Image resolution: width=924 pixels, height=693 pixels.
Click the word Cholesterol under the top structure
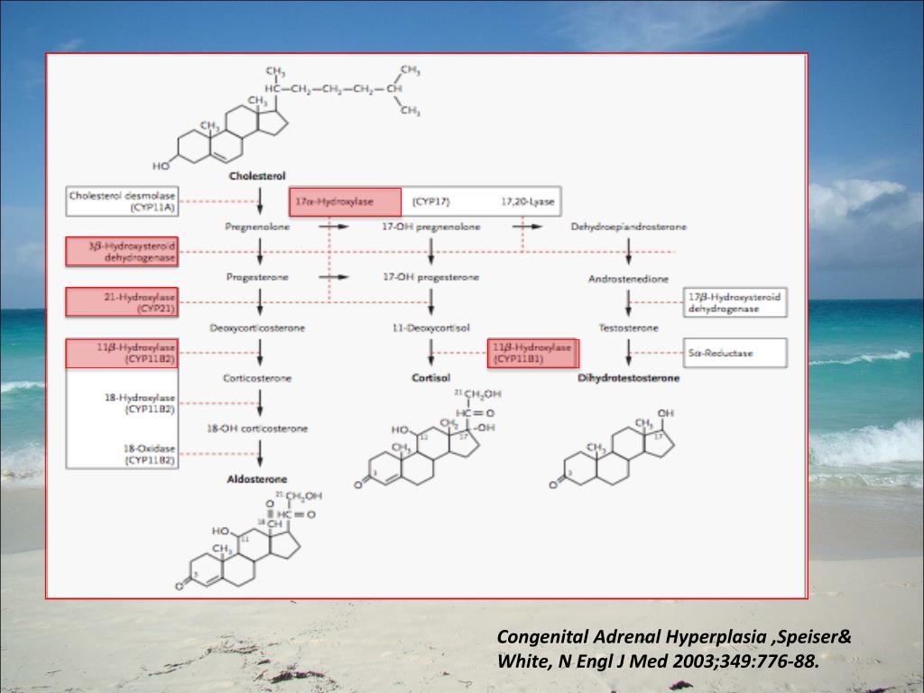[x=258, y=177]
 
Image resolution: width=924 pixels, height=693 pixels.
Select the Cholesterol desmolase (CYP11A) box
[x=122, y=201]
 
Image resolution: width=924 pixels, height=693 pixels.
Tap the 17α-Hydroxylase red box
[x=345, y=202]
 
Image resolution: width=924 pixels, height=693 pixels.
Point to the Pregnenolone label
[x=257, y=226]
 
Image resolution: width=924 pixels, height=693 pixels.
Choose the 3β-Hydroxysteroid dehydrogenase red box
[x=122, y=252]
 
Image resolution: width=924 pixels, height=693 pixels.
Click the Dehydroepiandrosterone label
[x=628, y=226]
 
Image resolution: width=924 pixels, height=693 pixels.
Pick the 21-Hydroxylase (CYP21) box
[x=122, y=302]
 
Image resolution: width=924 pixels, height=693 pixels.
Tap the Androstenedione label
[x=628, y=279]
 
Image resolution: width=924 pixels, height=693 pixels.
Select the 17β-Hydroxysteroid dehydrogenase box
[x=735, y=302]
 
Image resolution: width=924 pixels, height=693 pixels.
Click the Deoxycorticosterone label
[x=257, y=328]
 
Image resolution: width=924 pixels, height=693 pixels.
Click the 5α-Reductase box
[x=735, y=353]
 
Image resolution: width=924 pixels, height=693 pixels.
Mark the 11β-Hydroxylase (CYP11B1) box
[x=532, y=353]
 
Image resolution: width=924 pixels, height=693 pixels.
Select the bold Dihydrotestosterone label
[x=628, y=378]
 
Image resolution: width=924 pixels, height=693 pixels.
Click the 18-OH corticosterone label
[x=257, y=429]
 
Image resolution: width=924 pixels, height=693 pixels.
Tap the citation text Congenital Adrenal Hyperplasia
[x=632, y=637]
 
